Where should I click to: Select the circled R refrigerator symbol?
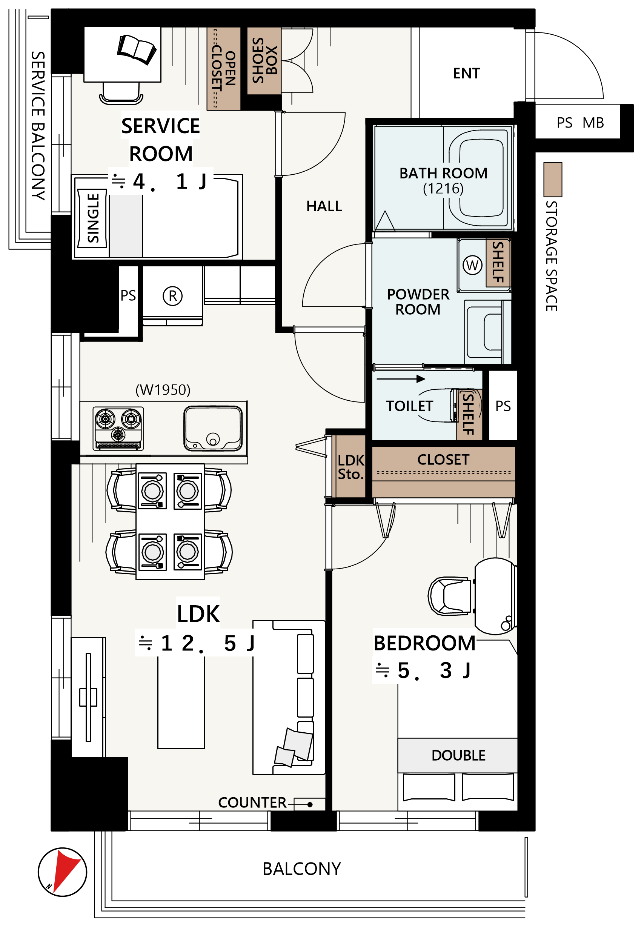coord(173,296)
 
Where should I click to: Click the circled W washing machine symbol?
coord(472,265)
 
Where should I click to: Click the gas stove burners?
coord(118,428)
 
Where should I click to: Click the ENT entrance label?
coord(466,74)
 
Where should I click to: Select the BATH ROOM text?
coord(443,173)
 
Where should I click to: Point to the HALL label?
coord(324,206)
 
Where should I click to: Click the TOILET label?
coord(410,406)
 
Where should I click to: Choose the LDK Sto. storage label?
coord(350,467)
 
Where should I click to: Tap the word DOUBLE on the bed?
coord(458,755)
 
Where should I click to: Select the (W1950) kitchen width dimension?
coord(163,390)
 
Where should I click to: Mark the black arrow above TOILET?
coord(401,379)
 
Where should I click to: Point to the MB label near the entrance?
coord(593,123)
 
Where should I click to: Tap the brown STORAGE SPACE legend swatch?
coord(552,180)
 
